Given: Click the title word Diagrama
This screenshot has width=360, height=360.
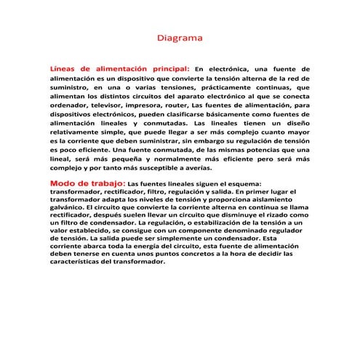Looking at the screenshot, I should pyautogui.click(x=180, y=36).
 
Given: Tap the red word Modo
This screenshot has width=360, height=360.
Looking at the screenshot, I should pyautogui.click(x=63, y=183).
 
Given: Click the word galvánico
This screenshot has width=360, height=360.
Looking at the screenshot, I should pyautogui.click(x=68, y=207).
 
